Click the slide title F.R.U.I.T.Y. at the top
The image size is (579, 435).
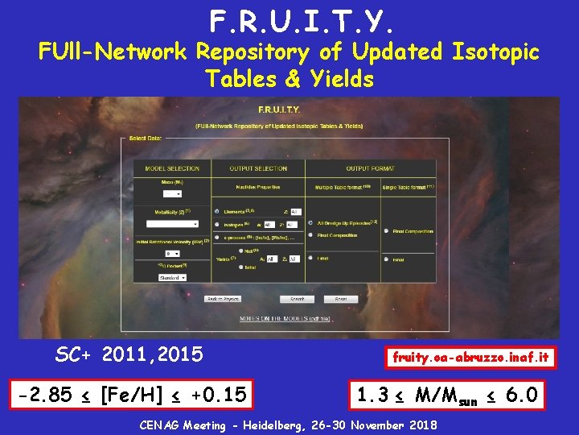click(289, 20)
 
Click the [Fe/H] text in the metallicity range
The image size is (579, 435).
click(127, 396)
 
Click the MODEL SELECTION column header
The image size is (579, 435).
click(171, 168)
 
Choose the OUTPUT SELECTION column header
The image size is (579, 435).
click(258, 168)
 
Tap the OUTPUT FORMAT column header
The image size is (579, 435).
click(370, 168)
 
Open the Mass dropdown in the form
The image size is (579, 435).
click(173, 193)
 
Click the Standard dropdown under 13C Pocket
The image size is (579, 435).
click(171, 277)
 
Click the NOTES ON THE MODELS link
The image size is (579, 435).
click(289, 319)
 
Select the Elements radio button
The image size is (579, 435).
click(217, 211)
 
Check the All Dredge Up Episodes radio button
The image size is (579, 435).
click(311, 222)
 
